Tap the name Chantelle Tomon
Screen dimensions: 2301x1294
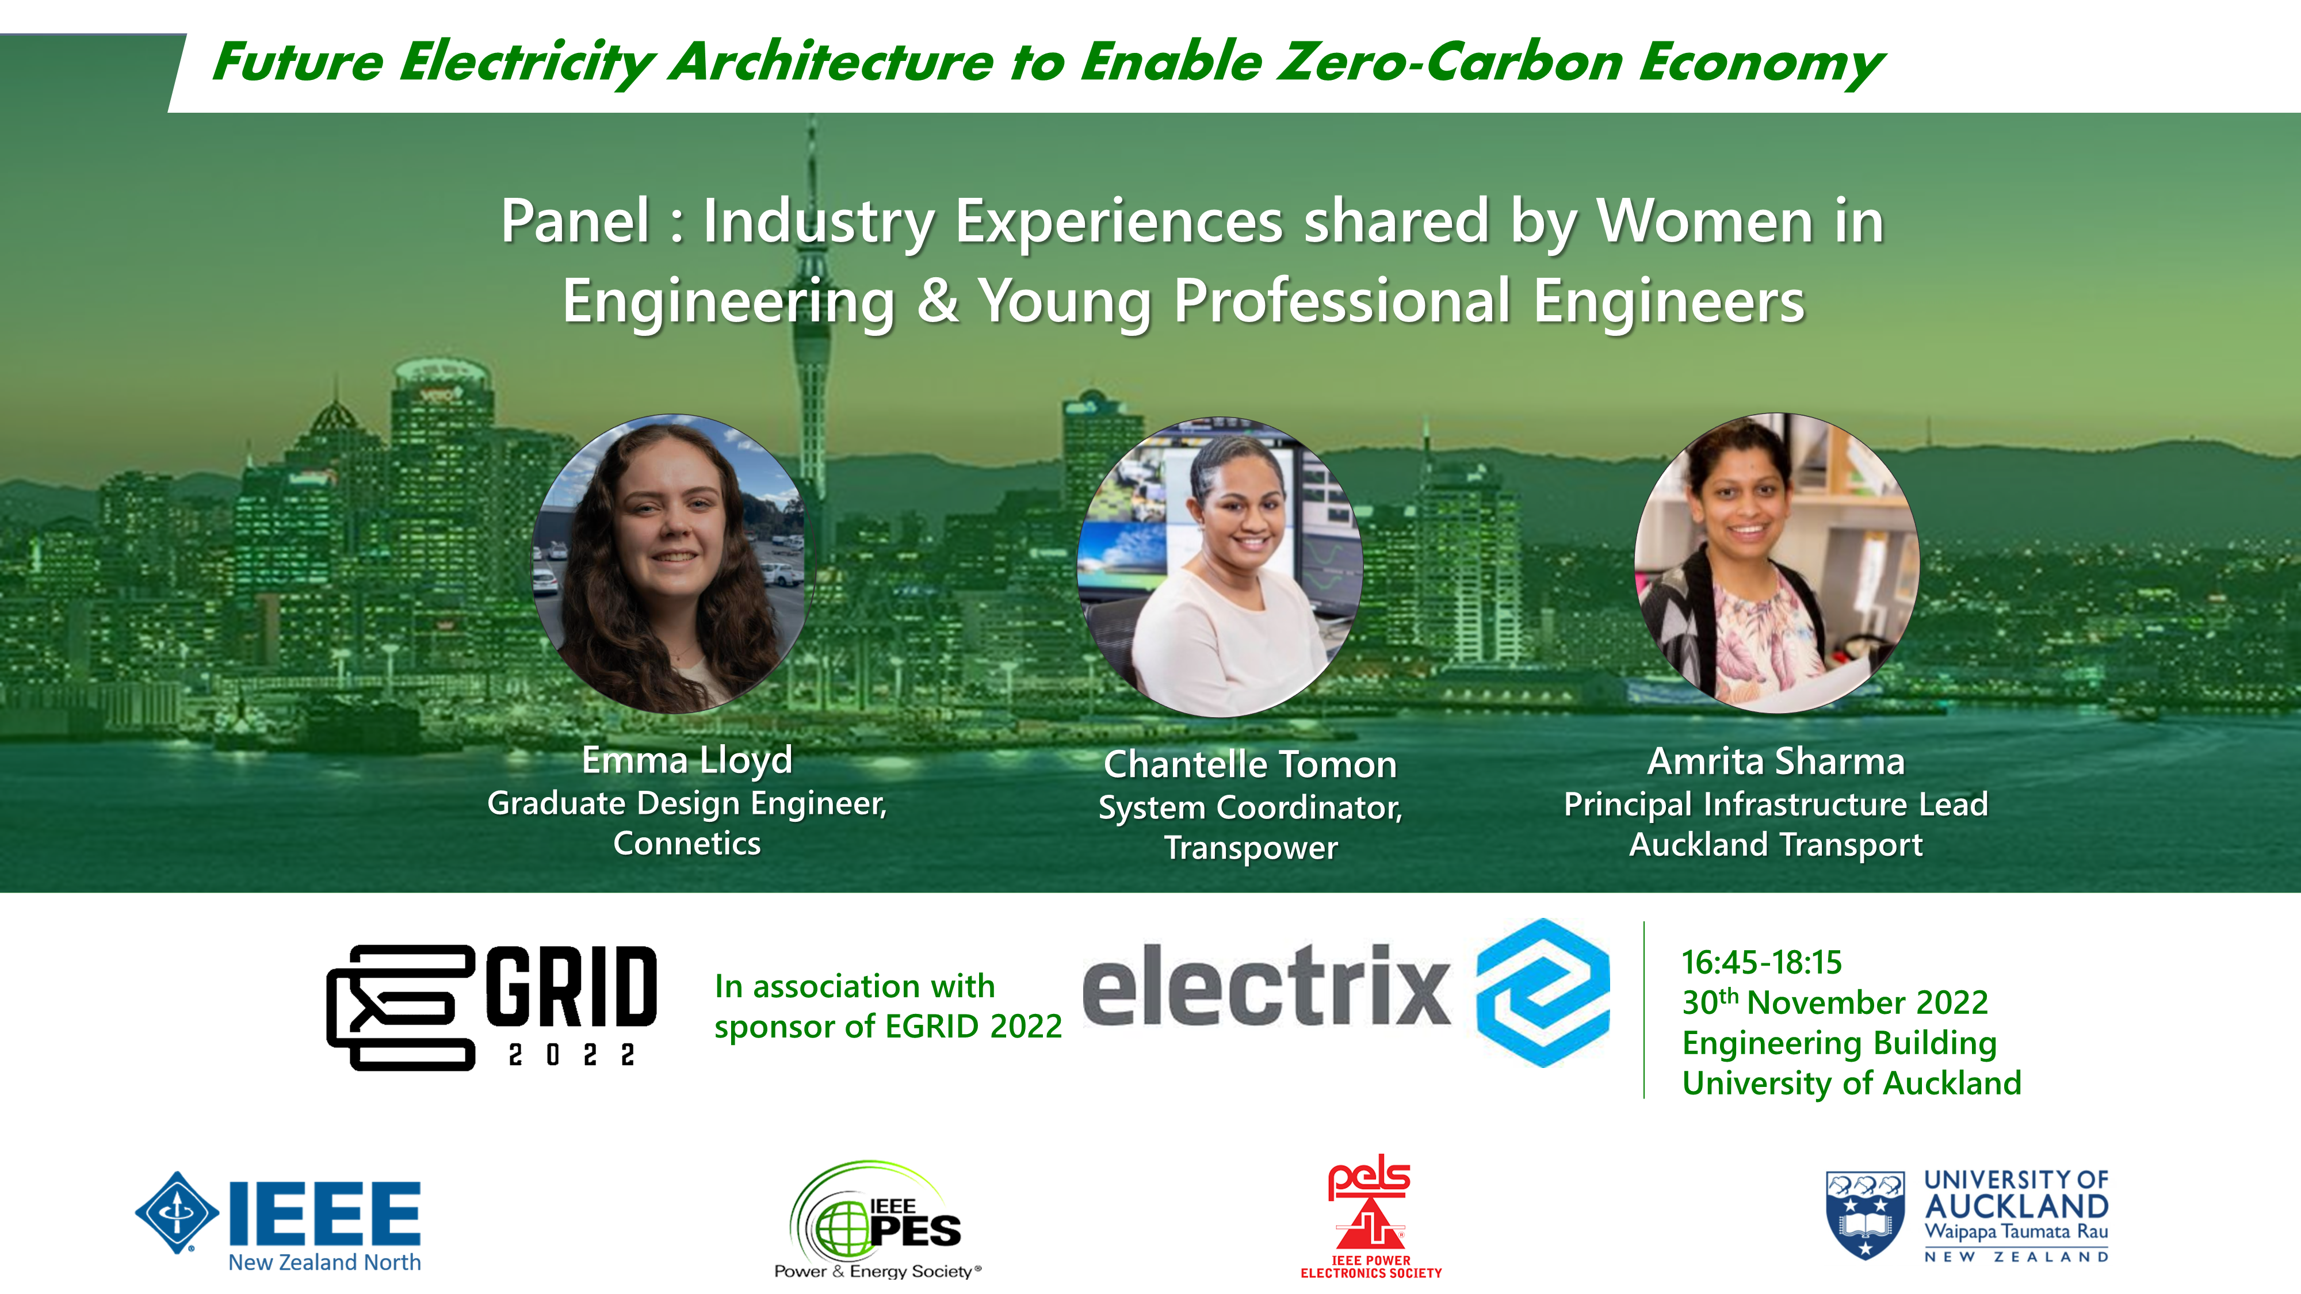pos(1251,764)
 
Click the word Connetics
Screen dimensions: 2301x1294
pos(687,844)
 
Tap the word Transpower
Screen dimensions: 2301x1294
pos(1251,848)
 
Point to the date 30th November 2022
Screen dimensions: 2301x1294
pos(1834,1002)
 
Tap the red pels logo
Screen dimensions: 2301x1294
pos(1370,1215)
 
